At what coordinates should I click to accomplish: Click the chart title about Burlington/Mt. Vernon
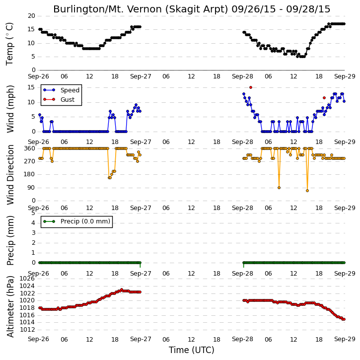(x=192, y=9)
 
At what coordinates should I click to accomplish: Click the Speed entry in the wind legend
(x=61, y=90)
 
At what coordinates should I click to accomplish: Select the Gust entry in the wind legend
(x=59, y=99)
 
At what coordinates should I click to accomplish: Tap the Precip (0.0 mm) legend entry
(x=76, y=221)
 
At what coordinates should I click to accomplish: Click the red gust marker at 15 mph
(x=251, y=87)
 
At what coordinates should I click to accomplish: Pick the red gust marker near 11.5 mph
(x=324, y=98)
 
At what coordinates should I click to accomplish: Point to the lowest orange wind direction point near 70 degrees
(x=307, y=191)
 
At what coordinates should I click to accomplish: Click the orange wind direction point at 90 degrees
(x=279, y=188)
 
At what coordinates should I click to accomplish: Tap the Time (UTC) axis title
(x=192, y=350)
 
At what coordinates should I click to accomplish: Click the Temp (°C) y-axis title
(x=9, y=44)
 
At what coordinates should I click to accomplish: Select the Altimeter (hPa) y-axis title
(x=10, y=306)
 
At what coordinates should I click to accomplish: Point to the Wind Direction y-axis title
(x=10, y=175)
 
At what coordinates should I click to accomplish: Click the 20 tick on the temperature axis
(x=31, y=16)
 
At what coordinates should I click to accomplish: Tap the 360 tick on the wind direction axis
(x=30, y=148)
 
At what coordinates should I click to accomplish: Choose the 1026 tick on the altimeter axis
(x=27, y=279)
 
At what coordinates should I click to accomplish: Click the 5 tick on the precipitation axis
(x=33, y=213)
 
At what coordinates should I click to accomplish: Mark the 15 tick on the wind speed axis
(x=31, y=87)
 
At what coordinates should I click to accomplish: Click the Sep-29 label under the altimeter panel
(x=345, y=339)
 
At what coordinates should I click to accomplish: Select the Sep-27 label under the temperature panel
(x=141, y=76)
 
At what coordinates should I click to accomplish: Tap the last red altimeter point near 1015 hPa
(x=344, y=319)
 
